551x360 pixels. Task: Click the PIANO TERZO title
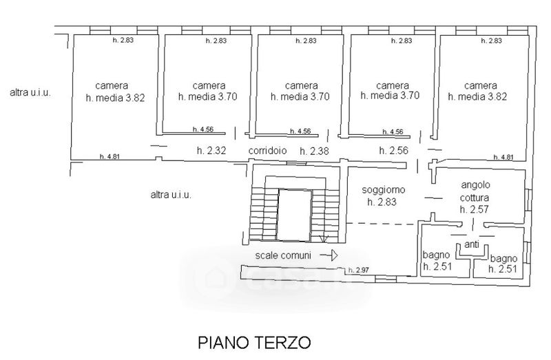[x=254, y=342]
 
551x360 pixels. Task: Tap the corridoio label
[x=267, y=151]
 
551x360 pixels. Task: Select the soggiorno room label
[x=384, y=190]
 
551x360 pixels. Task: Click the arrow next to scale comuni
[x=329, y=255]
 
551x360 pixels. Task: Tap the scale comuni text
[x=283, y=255]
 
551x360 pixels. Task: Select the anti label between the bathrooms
[x=472, y=244]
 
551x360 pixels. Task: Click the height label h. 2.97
[x=358, y=270]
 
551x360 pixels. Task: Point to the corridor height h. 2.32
[x=211, y=151]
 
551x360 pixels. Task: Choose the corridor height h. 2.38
[x=315, y=151]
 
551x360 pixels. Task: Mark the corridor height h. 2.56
[x=393, y=151]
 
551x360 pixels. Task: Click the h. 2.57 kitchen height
[x=474, y=209]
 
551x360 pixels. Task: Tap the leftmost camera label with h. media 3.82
[x=115, y=92]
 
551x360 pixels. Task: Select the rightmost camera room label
[x=477, y=91]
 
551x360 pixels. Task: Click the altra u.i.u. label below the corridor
[x=171, y=195]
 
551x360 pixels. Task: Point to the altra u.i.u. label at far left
[x=30, y=93]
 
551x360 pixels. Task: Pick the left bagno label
[x=437, y=260]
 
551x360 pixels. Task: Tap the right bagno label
[x=503, y=264]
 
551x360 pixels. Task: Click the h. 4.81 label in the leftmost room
[x=110, y=157]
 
